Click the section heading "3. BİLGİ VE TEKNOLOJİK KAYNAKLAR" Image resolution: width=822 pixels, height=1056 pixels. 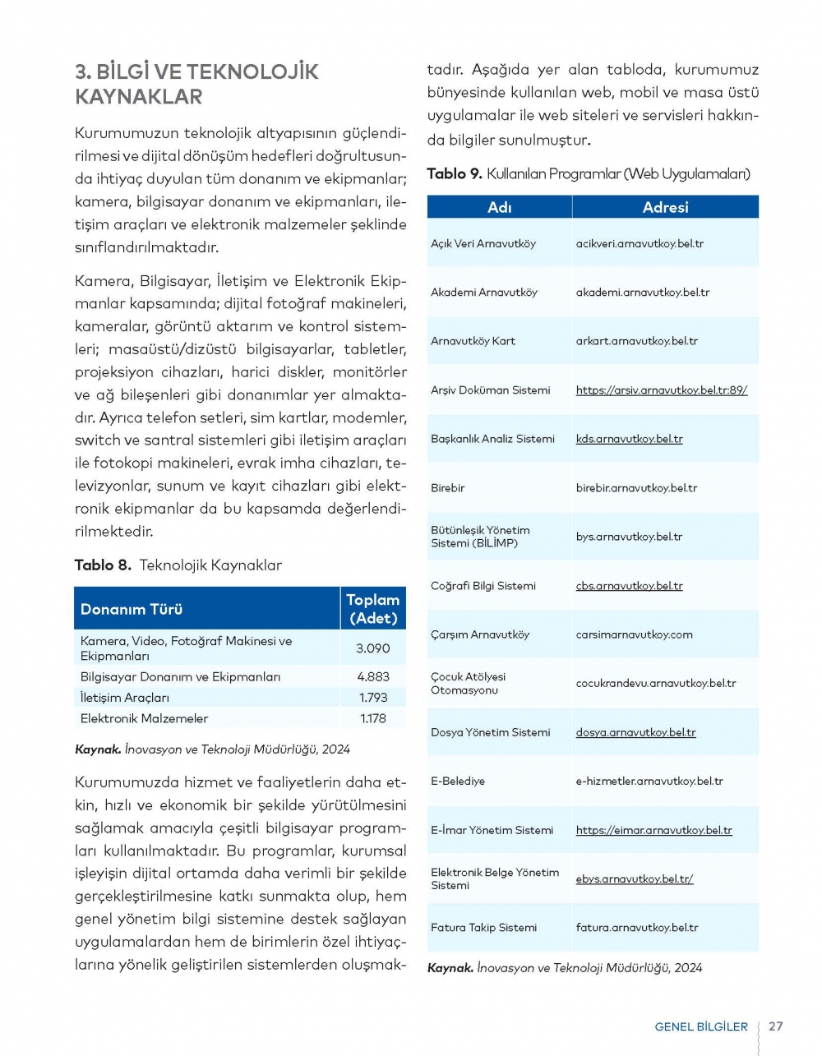pyautogui.click(x=196, y=84)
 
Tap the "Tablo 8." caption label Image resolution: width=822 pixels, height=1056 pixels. pyautogui.click(x=103, y=565)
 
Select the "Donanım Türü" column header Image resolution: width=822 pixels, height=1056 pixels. pyautogui.click(x=132, y=609)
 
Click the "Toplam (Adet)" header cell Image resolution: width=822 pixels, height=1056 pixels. pyautogui.click(x=372, y=609)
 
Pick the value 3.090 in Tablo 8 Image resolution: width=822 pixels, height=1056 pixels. pyautogui.click(x=372, y=648)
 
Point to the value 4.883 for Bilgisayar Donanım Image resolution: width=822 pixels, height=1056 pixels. pyautogui.click(x=373, y=677)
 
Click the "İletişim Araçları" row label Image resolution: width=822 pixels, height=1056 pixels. pyautogui.click(x=125, y=698)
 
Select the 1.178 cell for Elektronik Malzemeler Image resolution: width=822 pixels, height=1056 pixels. pyautogui.click(x=373, y=718)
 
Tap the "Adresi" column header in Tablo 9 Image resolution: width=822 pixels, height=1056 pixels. pyautogui.click(x=665, y=207)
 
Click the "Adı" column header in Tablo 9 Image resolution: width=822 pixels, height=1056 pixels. pyautogui.click(x=499, y=207)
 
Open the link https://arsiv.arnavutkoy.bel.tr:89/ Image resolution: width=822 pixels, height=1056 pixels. pyautogui.click(x=662, y=390)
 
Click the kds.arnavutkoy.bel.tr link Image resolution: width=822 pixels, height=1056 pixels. pyautogui.click(x=629, y=439)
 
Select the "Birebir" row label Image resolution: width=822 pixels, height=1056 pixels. pyautogui.click(x=448, y=488)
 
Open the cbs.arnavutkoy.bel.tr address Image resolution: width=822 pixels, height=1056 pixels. pyautogui.click(x=629, y=586)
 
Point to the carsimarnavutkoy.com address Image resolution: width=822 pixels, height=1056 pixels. pyautogui.click(x=634, y=634)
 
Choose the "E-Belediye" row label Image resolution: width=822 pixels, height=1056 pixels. pyautogui.click(x=458, y=782)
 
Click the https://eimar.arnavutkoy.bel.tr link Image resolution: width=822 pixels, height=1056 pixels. pyautogui.click(x=653, y=830)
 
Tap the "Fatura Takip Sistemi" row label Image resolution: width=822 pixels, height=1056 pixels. pyautogui.click(x=483, y=928)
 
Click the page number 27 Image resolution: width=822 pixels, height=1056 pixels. pyautogui.click(x=775, y=1026)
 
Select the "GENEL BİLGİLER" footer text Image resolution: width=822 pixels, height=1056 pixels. pyautogui.click(x=701, y=1026)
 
